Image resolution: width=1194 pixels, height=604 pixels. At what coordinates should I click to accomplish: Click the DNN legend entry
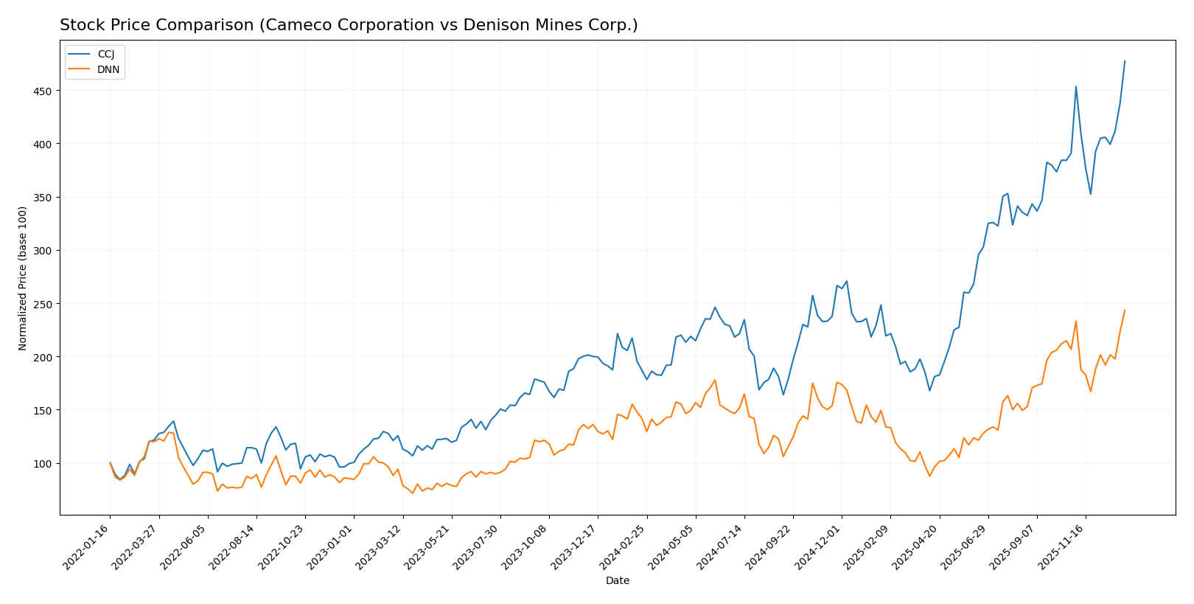pyautogui.click(x=108, y=70)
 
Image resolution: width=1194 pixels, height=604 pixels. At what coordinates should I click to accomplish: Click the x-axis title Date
pyautogui.click(x=617, y=581)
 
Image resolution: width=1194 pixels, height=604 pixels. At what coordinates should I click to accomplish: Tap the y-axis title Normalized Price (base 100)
pyautogui.click(x=23, y=278)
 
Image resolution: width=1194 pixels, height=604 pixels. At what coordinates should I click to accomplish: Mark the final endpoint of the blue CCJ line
pyautogui.click(x=1125, y=61)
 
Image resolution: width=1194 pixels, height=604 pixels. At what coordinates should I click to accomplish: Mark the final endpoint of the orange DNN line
pyautogui.click(x=1125, y=310)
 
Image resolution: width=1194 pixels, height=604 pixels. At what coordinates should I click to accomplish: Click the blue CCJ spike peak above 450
pyautogui.click(x=1076, y=86)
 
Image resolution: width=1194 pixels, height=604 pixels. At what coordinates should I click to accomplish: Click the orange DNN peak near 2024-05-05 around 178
pyautogui.click(x=715, y=380)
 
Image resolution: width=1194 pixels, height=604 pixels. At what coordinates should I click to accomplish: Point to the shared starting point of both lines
pyautogui.click(x=110, y=463)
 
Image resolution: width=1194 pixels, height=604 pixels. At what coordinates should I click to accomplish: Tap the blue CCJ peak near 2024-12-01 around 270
pyautogui.click(x=846, y=281)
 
